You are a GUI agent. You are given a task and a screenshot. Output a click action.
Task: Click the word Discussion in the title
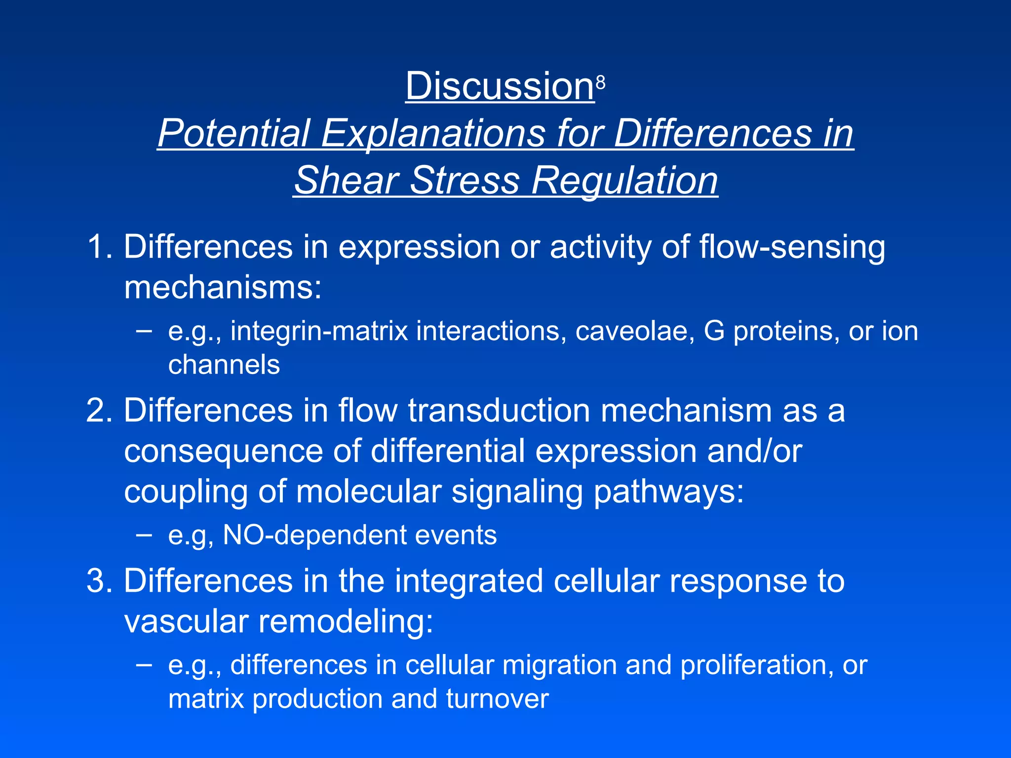(500, 86)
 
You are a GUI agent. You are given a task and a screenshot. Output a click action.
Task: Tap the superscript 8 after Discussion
(600, 83)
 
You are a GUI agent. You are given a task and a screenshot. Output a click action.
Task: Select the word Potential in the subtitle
(233, 133)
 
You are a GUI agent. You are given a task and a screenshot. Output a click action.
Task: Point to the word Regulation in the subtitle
(624, 181)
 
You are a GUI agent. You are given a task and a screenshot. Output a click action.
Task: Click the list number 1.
(99, 246)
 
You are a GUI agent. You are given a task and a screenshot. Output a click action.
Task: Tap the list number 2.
(99, 411)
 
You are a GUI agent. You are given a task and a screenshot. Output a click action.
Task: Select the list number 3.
(99, 581)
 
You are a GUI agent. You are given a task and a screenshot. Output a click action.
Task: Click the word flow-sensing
(792, 247)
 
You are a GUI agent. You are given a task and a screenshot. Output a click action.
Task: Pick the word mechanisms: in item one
(223, 287)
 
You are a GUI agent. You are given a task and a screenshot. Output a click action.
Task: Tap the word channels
(224, 365)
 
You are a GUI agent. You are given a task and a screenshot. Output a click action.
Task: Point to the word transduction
(499, 411)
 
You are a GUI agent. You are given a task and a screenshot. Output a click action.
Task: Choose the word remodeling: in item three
(346, 621)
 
